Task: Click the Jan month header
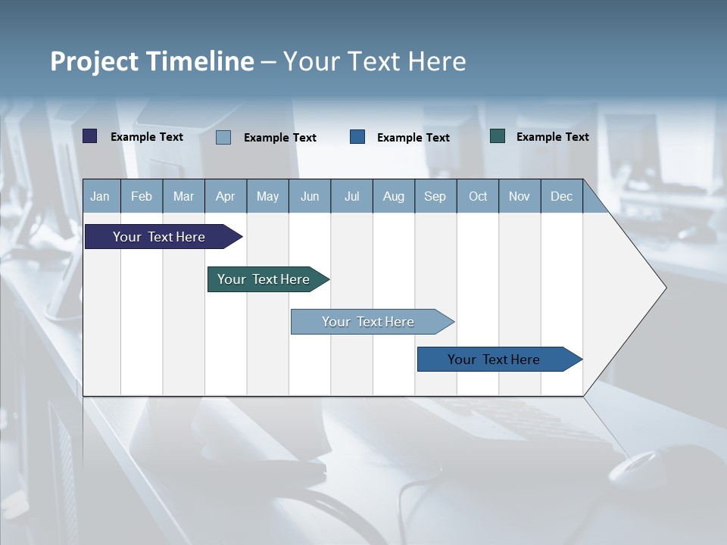coord(100,197)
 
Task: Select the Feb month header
coord(142,197)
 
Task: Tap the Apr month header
coord(226,197)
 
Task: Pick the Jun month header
coord(310,197)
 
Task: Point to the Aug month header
coord(394,197)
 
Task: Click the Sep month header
coord(435,197)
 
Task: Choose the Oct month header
coord(478,197)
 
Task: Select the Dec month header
coord(562,197)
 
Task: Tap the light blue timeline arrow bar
coord(369,322)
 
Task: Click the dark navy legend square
coord(90,136)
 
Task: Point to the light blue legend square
coord(223,137)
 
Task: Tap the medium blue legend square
coord(357,136)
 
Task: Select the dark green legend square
coord(498,136)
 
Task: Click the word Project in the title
coord(94,61)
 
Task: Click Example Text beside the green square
coord(552,137)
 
